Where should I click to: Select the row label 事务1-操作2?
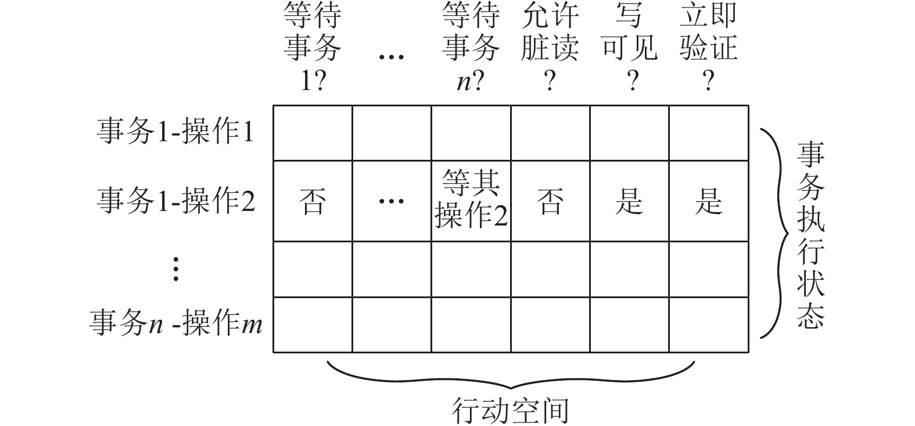(175, 201)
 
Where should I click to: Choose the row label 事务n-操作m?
(175, 323)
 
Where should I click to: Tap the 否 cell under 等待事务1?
(313, 202)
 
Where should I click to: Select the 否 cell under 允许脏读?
(550, 202)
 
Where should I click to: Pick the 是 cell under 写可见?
(629, 202)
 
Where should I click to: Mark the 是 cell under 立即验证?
(709, 202)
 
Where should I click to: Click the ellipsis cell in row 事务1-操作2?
(391, 202)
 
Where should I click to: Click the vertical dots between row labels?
(175, 269)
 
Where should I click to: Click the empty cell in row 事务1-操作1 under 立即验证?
(709, 133)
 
